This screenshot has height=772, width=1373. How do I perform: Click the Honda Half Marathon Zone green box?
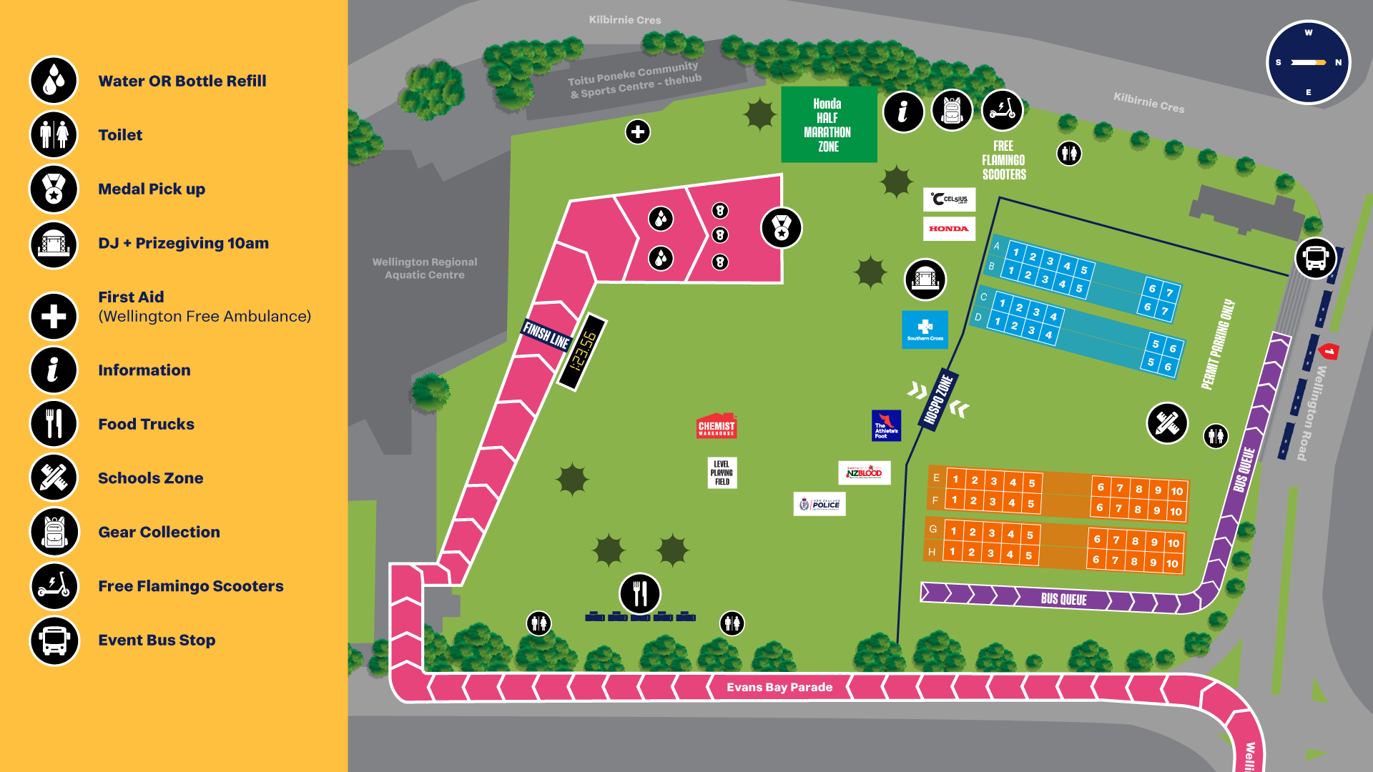[828, 125]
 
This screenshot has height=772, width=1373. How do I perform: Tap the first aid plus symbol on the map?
[637, 132]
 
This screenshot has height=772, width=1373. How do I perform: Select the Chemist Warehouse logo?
[717, 426]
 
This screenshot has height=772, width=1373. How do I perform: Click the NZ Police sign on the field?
[820, 504]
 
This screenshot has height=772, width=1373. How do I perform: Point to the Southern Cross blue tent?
[925, 330]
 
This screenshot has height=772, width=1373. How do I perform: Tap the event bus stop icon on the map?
[1315, 257]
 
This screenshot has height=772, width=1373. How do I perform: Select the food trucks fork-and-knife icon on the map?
[639, 593]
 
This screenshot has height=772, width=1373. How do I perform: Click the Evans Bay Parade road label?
[779, 687]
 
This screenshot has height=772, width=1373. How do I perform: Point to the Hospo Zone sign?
[938, 400]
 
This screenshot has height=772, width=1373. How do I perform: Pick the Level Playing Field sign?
[722, 473]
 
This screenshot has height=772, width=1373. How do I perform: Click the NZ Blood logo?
[864, 472]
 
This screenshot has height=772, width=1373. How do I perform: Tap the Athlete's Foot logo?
[886, 426]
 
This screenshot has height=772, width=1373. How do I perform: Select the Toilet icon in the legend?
[54, 135]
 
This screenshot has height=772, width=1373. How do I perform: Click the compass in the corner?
[1308, 62]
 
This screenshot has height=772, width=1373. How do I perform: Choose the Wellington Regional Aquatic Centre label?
[425, 268]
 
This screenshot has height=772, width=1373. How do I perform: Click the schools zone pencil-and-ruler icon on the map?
[1166, 423]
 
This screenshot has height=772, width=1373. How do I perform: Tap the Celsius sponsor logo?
[949, 199]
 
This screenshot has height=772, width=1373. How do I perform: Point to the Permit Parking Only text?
[1218, 345]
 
